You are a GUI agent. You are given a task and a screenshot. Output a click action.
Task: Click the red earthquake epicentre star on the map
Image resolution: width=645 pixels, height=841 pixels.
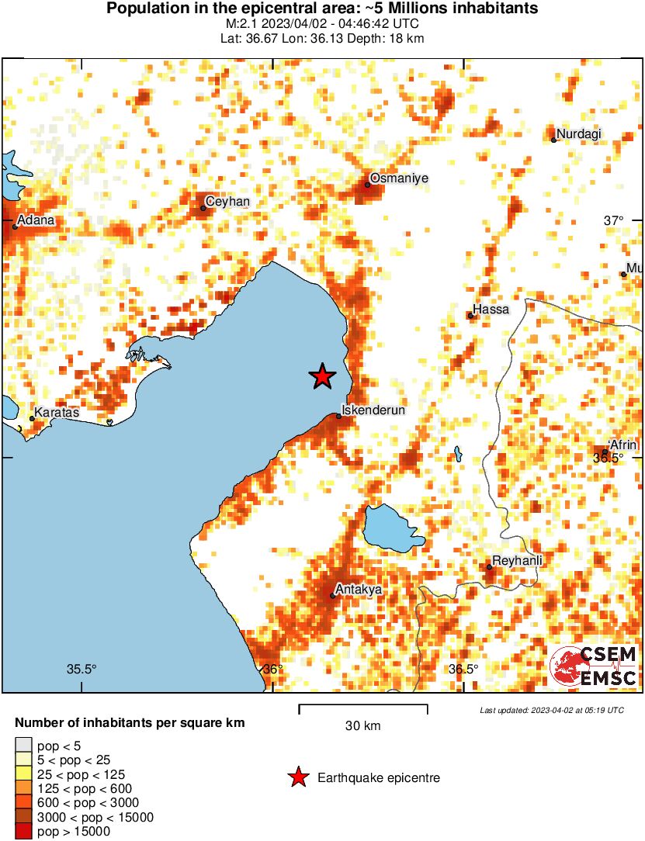click(x=322, y=376)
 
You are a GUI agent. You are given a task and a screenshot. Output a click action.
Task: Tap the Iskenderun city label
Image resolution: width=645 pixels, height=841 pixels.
click(x=375, y=410)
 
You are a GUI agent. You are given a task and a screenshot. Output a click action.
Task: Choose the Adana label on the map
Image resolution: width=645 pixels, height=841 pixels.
click(x=36, y=220)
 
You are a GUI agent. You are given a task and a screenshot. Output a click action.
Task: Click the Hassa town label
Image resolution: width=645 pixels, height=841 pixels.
click(x=491, y=310)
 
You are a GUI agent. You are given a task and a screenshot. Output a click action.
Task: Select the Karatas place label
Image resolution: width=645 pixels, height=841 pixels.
click(x=57, y=413)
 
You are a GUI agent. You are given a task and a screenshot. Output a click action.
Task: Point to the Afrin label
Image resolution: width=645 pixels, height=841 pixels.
click(x=623, y=445)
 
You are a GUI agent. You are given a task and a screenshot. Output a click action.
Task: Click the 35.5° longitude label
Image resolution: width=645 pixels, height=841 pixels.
click(x=81, y=670)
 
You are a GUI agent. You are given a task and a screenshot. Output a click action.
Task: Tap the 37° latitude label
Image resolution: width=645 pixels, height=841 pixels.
click(x=613, y=221)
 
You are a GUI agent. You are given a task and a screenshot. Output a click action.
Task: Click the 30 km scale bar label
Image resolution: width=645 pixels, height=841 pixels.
click(x=362, y=726)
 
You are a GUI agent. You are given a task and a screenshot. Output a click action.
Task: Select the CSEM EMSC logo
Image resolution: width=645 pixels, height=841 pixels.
click(x=594, y=666)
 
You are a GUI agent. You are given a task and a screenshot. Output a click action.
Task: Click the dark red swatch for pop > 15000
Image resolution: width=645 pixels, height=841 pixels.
click(x=23, y=832)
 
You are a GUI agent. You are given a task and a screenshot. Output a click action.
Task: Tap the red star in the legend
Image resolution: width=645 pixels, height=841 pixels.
click(x=298, y=777)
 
